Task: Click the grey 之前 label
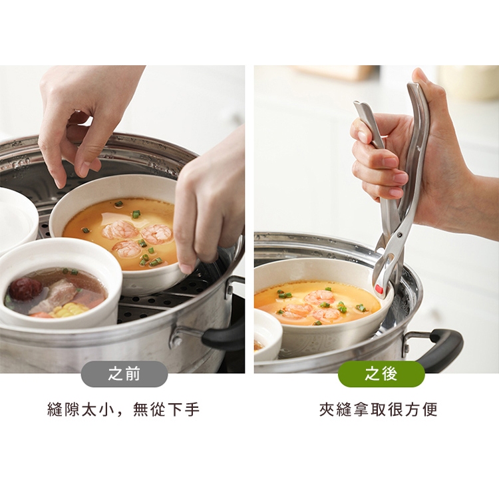pos(124,374)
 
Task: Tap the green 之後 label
pos(381,374)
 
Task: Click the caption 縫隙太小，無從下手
pos(124,410)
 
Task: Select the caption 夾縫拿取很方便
pos(379,410)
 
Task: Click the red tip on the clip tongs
pos(379,289)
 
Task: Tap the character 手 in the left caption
pos(192,410)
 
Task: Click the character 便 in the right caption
pos(430,410)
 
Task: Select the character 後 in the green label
pos(389,374)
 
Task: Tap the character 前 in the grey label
pos(132,374)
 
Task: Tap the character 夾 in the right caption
pos(327,410)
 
